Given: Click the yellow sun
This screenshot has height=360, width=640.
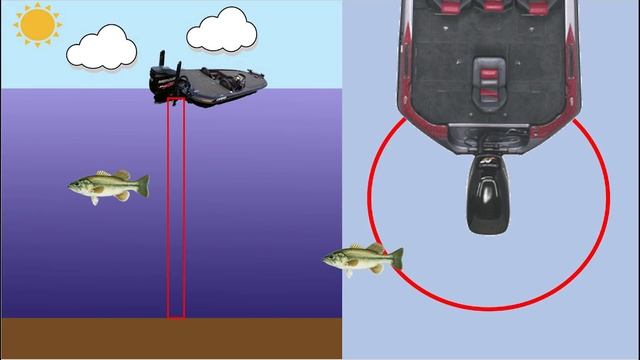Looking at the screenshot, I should pyautogui.click(x=39, y=24).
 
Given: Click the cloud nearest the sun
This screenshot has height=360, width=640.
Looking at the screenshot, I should pyautogui.click(x=101, y=46).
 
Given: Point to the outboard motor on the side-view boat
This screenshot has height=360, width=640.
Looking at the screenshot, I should pyautogui.click(x=166, y=84).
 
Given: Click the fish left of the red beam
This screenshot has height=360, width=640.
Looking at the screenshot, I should pyautogui.click(x=108, y=186).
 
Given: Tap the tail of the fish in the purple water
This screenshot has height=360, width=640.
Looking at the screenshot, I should pyautogui.click(x=142, y=185).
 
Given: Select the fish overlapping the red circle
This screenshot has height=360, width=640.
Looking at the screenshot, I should pyautogui.click(x=362, y=260).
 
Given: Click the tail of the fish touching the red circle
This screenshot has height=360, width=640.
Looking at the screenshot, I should pyautogui.click(x=396, y=259).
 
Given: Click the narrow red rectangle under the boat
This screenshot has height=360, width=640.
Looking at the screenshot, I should pyautogui.click(x=176, y=210).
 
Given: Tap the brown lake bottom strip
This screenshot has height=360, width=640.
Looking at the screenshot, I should pyautogui.click(x=170, y=339).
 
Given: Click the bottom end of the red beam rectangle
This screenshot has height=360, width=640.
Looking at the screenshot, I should pyautogui.click(x=176, y=317).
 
